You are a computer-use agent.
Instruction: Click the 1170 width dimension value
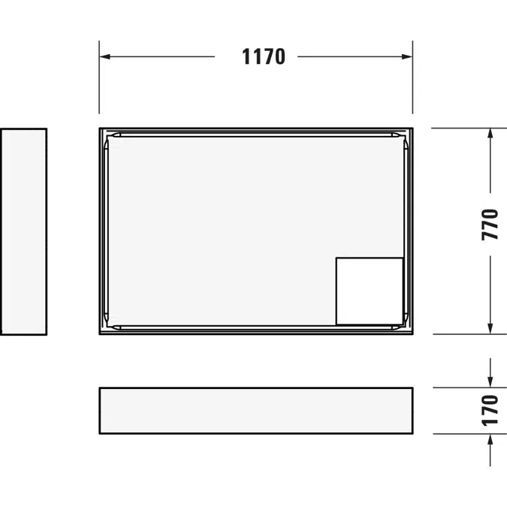tap(264, 56)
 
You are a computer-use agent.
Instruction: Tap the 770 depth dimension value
tap(490, 224)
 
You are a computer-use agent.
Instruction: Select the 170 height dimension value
tap(490, 410)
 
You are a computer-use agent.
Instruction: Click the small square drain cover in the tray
tap(369, 291)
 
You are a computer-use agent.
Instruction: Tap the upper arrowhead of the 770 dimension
tap(490, 134)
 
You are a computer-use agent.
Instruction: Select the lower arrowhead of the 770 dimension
tap(490, 328)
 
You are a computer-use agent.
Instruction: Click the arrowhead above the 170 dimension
tap(490, 382)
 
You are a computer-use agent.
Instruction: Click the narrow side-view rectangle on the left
tap(23, 231)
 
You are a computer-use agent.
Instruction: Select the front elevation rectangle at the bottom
tap(255, 410)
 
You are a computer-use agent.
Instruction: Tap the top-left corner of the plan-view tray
tap(100, 128)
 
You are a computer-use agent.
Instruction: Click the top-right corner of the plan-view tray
tap(412, 128)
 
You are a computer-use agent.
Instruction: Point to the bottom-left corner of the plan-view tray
tap(100, 334)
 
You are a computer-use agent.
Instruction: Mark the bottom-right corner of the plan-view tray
tap(412, 334)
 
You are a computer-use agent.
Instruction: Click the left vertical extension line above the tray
tap(99, 83)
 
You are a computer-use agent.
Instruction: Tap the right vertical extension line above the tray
tap(412, 83)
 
